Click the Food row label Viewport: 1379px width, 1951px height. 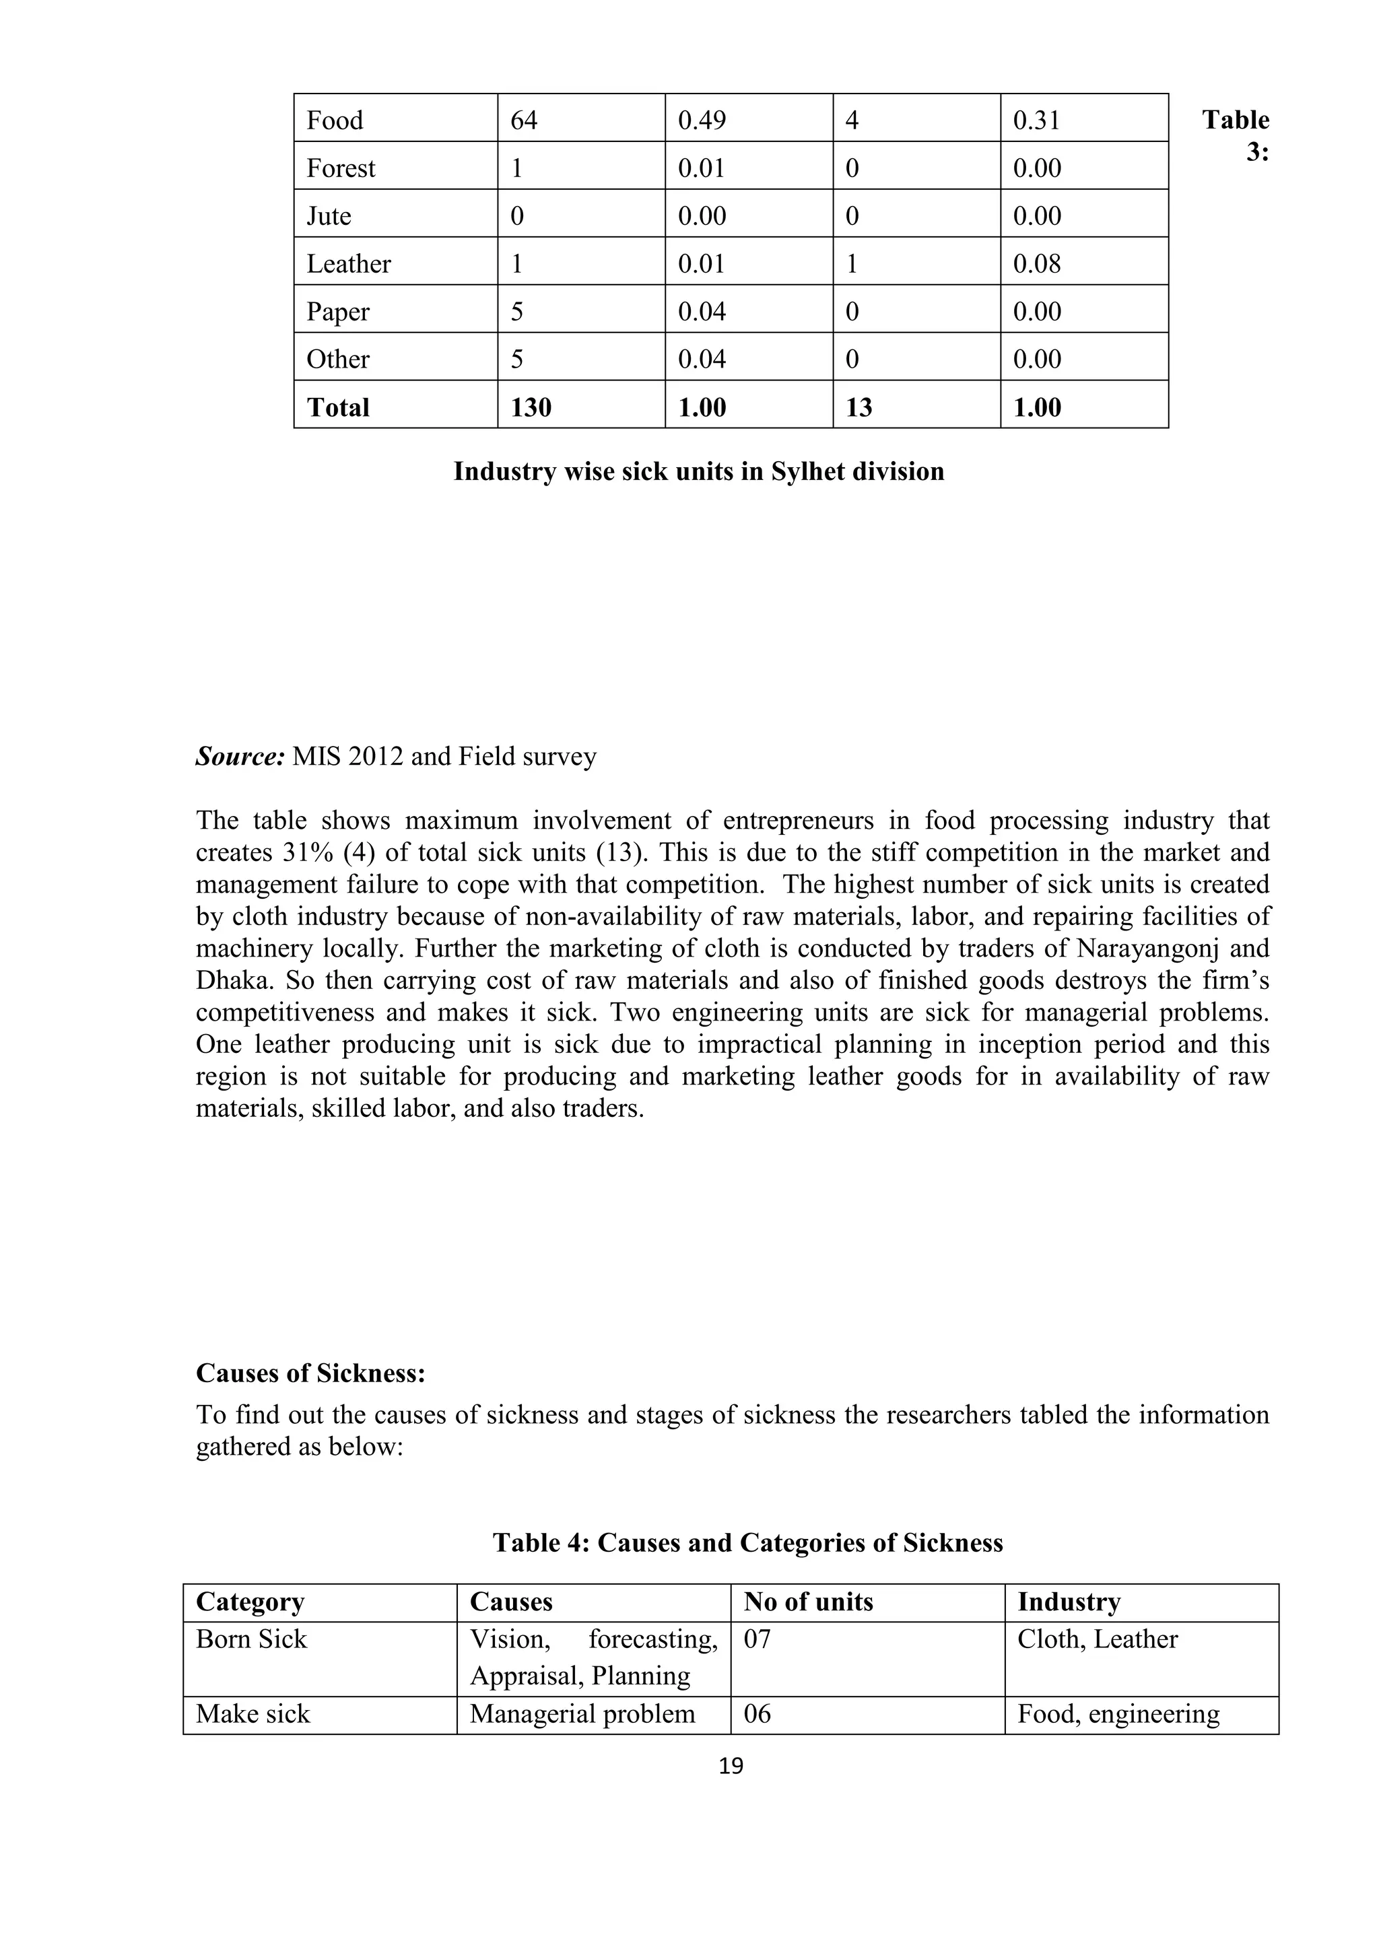point(335,121)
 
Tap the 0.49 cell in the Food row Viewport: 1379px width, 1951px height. point(702,121)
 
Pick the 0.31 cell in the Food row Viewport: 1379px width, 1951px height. point(1036,121)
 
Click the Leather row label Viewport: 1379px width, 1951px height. point(348,265)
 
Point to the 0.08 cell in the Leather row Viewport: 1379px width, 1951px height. point(1036,265)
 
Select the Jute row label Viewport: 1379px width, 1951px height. point(329,216)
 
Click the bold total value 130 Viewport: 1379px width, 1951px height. point(531,408)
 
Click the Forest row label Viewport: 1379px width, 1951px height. point(341,168)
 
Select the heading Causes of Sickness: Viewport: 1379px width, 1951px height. point(310,1373)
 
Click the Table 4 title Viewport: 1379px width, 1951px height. point(747,1542)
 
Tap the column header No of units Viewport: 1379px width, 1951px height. point(808,1602)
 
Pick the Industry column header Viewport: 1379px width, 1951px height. point(1069,1602)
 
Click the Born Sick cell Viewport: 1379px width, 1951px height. point(252,1639)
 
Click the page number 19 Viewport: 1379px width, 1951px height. point(731,1767)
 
